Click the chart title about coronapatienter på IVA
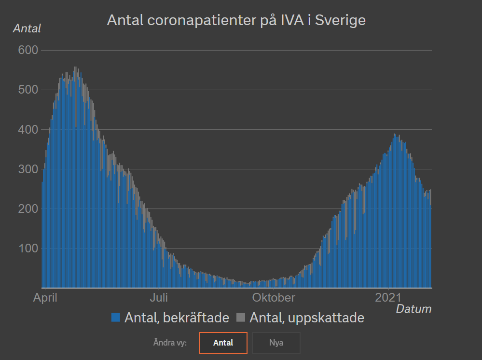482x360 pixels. coord(236,21)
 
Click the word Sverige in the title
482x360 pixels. coord(340,21)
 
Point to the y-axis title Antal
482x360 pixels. coord(27,28)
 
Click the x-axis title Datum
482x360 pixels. coord(413,309)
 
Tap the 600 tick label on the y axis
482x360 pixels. coord(28,50)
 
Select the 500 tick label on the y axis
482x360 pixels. coord(28,90)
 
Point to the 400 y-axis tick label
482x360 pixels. coord(28,130)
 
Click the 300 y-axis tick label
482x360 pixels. coord(28,169)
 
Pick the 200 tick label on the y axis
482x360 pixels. coord(28,209)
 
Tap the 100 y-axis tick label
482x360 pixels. coord(28,249)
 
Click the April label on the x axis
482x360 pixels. coord(45,297)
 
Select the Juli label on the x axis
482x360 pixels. coord(159,297)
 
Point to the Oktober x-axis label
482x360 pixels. coord(273,297)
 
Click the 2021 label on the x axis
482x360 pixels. coord(389,297)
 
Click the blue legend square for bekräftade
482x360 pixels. coord(116,318)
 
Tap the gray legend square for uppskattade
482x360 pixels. coord(241,318)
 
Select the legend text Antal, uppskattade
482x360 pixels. coord(307,318)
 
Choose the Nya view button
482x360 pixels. coord(276,343)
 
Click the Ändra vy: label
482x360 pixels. coord(170,343)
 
